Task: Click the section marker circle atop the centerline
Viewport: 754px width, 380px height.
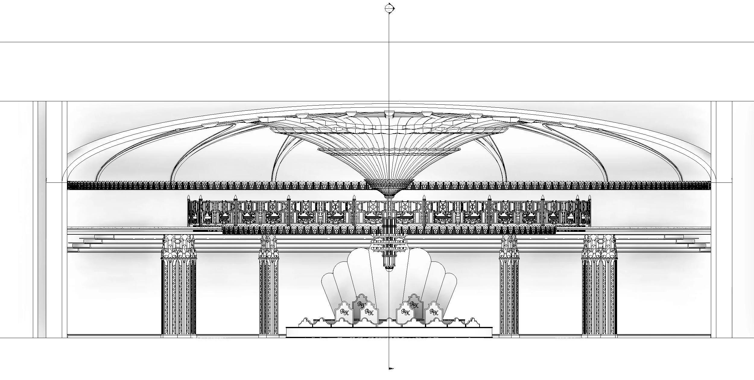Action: coord(389,8)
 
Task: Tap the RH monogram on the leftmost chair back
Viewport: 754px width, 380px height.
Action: coord(344,312)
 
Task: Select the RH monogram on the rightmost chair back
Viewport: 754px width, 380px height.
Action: coord(433,312)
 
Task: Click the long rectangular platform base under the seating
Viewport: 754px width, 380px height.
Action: coord(389,332)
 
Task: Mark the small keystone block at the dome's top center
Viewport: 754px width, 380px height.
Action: coord(389,114)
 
